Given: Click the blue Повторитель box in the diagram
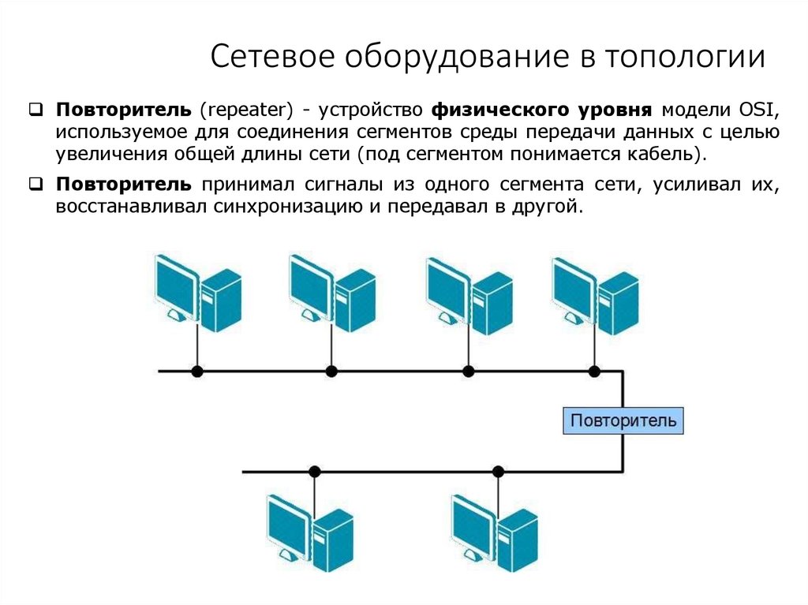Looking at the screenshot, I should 623,420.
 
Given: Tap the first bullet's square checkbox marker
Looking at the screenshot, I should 36,109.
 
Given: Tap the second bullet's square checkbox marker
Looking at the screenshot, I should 36,185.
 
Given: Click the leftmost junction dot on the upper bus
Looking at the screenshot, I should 197,371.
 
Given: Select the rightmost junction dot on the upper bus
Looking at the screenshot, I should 594,371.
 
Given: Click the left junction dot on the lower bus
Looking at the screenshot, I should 314,472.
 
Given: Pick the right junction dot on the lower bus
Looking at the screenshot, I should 498,472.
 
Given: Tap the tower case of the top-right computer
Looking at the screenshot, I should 618,301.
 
